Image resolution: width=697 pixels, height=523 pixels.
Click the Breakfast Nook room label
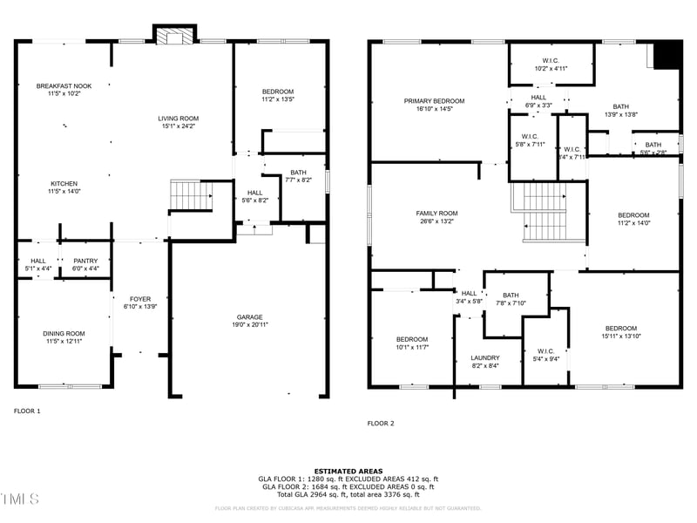click(x=64, y=85)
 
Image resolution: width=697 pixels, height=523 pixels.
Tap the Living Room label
click(x=178, y=119)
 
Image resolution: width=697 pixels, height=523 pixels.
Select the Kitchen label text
click(x=64, y=184)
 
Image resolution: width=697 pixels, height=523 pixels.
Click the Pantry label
click(x=85, y=261)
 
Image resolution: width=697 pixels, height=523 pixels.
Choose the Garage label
click(x=249, y=317)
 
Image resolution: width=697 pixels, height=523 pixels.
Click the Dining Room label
click(x=64, y=333)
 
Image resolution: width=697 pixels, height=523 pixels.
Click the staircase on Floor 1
click(x=190, y=195)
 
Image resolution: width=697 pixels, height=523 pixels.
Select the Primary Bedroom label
click(x=434, y=101)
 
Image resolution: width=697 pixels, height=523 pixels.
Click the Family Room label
click(x=436, y=214)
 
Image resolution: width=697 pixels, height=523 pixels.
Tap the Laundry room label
click(x=484, y=357)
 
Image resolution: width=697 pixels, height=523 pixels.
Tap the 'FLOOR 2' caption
click(x=380, y=424)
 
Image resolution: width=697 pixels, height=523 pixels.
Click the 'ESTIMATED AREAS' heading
click(x=348, y=472)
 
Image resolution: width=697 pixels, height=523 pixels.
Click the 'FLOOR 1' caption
click(x=27, y=410)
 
